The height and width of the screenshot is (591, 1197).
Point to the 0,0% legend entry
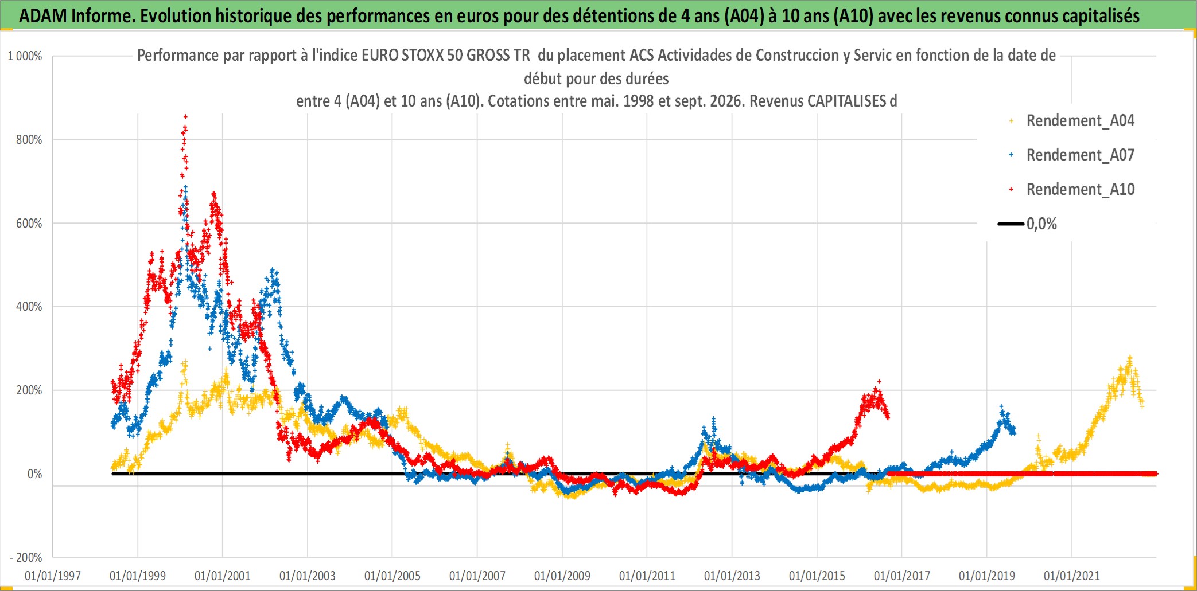[1028, 224]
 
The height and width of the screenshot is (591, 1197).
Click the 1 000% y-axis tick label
[25, 56]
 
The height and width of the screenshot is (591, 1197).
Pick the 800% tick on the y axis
[29, 140]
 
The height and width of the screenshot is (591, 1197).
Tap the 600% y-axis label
[29, 224]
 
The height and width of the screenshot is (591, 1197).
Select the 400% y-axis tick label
[29, 307]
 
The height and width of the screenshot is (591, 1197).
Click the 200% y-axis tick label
[29, 390]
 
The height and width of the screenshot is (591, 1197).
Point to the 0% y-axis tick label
[35, 474]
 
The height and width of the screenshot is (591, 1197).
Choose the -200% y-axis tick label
[26, 558]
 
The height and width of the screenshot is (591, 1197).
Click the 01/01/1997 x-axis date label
[53, 576]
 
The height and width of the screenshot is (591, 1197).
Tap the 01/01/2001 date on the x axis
[223, 576]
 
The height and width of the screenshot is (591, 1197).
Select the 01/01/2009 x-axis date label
[562, 576]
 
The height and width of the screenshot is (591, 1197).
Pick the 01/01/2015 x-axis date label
[817, 576]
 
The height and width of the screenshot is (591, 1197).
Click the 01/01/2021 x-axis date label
[1072, 576]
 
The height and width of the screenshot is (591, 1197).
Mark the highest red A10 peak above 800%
[185, 117]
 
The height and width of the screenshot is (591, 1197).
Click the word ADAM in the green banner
[43, 16]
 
